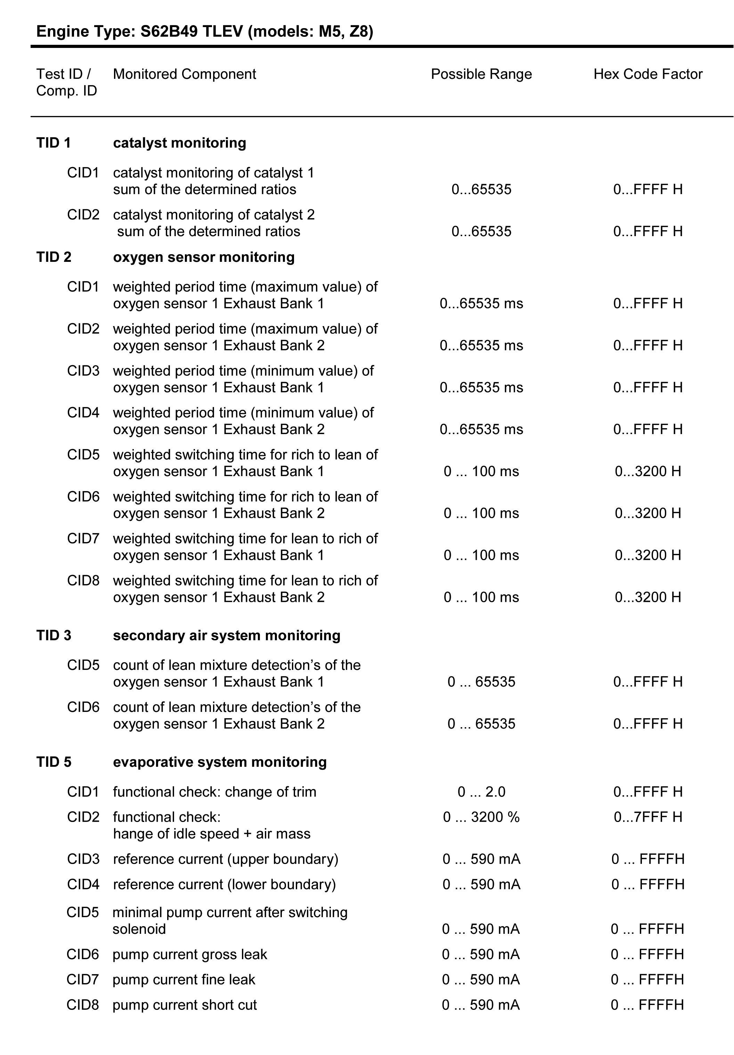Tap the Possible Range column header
pos(481,74)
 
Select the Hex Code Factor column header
pos(647,74)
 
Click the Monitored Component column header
pos(185,74)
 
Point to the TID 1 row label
pos(54,143)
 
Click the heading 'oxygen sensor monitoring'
pos(204,257)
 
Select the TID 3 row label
pos(54,636)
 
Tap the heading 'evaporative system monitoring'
pos(220,762)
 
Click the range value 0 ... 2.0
pos(481,792)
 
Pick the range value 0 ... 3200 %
pos(481,817)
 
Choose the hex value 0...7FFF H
pos(647,817)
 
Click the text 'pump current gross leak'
pos(189,954)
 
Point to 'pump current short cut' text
pos(185,1005)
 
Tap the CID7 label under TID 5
pos(83,980)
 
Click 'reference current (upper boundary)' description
pos(225,859)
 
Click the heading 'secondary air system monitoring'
pos(227,636)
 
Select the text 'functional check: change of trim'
pos(215,792)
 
